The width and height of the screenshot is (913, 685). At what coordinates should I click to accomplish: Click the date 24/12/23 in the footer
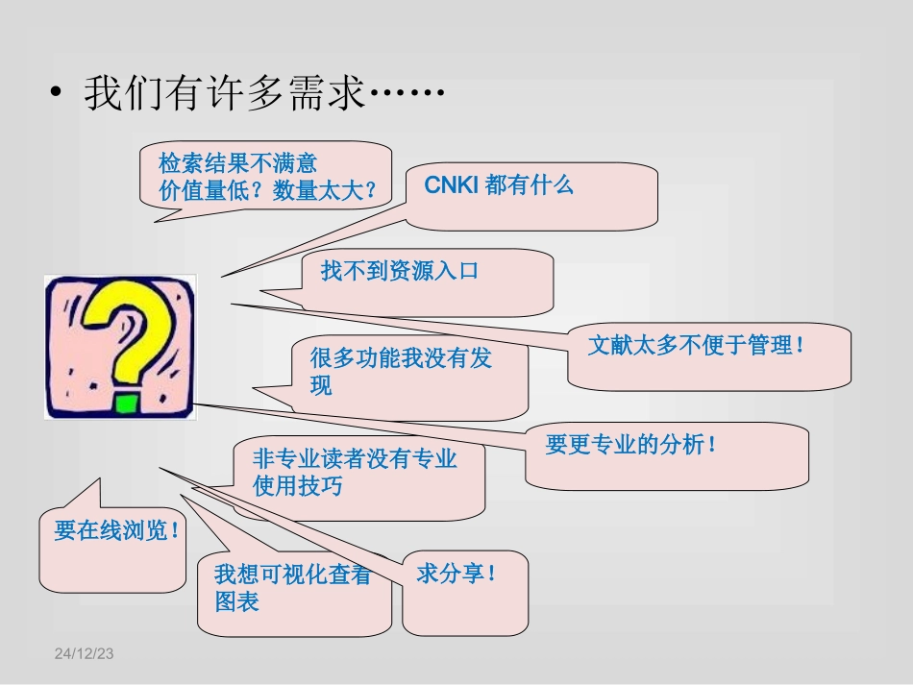point(84,653)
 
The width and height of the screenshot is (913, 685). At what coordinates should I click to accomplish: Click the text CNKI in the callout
point(451,185)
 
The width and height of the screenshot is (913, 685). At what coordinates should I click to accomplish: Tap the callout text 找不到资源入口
point(399,271)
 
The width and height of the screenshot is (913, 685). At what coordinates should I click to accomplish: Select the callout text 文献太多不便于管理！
point(697,345)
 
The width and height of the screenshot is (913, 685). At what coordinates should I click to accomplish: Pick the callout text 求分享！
point(457,575)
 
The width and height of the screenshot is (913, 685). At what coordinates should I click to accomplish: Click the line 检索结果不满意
point(237,162)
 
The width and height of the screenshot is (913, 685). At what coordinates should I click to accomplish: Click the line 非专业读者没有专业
point(355,458)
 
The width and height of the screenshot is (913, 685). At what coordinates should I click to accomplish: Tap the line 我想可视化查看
point(292,575)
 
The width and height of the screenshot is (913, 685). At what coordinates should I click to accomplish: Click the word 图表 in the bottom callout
point(236,603)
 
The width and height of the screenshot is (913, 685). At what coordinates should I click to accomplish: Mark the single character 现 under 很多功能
point(321,386)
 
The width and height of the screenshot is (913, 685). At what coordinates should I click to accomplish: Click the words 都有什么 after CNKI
point(530,185)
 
